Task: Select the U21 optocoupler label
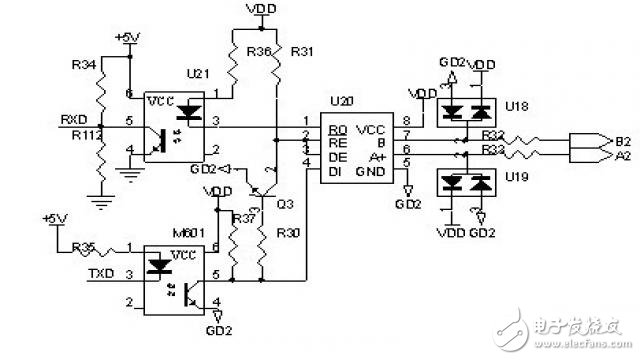coord(200,75)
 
